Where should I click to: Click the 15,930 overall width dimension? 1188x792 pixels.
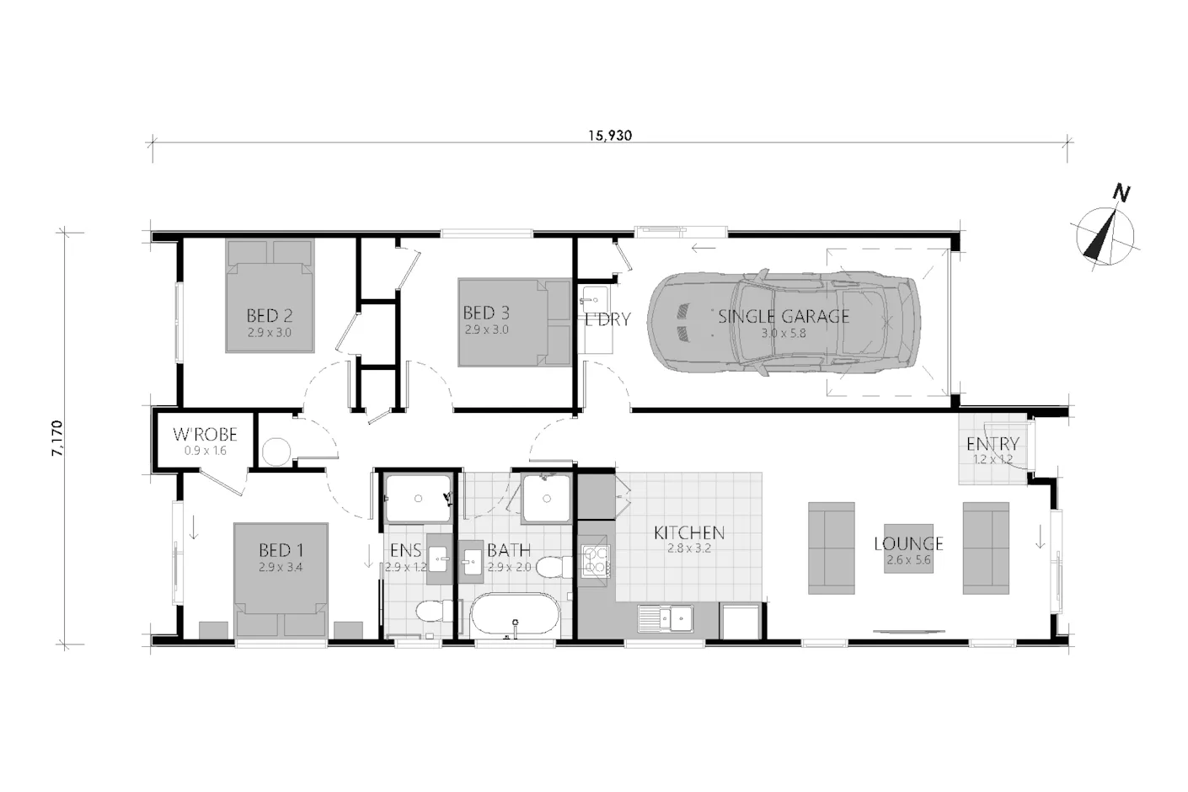coord(610,136)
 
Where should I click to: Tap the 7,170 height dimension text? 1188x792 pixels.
coord(57,438)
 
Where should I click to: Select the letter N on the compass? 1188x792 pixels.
coord(1121,193)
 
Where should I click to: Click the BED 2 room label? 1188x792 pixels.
coord(270,316)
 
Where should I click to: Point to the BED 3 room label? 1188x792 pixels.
coord(486,313)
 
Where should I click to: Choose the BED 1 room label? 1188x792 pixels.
coord(281,550)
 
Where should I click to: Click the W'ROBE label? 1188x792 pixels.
coord(206,435)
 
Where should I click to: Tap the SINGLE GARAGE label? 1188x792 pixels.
coord(784,317)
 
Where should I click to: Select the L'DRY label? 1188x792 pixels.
coord(607,319)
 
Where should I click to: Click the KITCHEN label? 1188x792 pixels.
coord(689,532)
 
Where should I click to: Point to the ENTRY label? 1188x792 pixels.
coord(993,443)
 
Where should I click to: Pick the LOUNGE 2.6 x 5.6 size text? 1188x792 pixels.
coord(908,559)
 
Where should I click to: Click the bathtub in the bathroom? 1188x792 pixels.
coord(514,615)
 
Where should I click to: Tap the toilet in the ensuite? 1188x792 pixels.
coord(435,611)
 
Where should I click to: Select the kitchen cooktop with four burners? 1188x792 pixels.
coord(595,561)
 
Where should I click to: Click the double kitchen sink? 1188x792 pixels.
coord(666,618)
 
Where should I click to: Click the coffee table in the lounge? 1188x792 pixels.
coord(908,549)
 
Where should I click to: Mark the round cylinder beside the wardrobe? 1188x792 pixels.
coord(276,452)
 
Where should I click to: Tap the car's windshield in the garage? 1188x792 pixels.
coord(755,322)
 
